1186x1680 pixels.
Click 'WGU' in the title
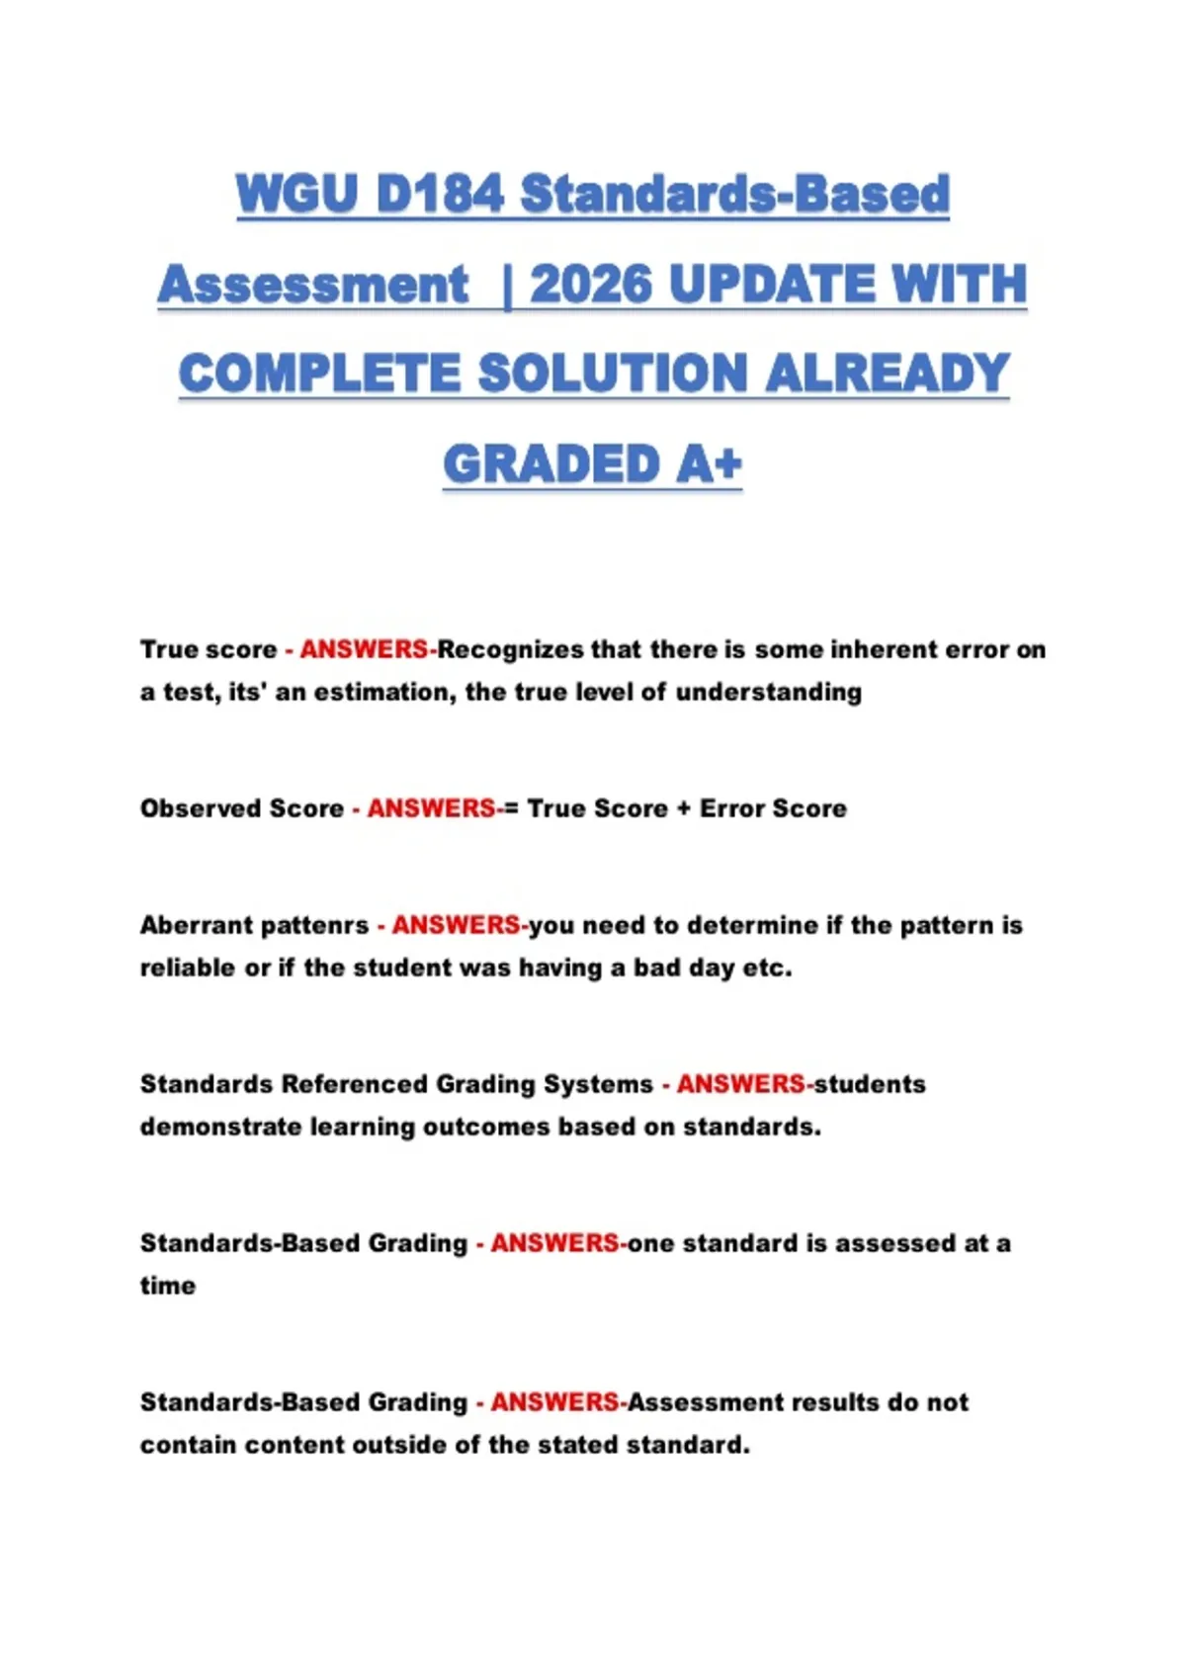(x=296, y=194)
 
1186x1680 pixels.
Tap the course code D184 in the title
(x=441, y=194)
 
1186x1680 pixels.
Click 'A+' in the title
(x=708, y=464)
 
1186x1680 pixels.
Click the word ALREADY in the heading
(x=887, y=375)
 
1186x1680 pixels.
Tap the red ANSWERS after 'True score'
(x=364, y=650)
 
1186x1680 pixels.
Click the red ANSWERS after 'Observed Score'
(x=431, y=808)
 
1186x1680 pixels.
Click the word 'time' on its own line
(x=167, y=1286)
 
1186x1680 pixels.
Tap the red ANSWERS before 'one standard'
(x=554, y=1243)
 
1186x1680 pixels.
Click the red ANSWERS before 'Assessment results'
(x=554, y=1402)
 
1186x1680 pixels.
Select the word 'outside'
(x=399, y=1445)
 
